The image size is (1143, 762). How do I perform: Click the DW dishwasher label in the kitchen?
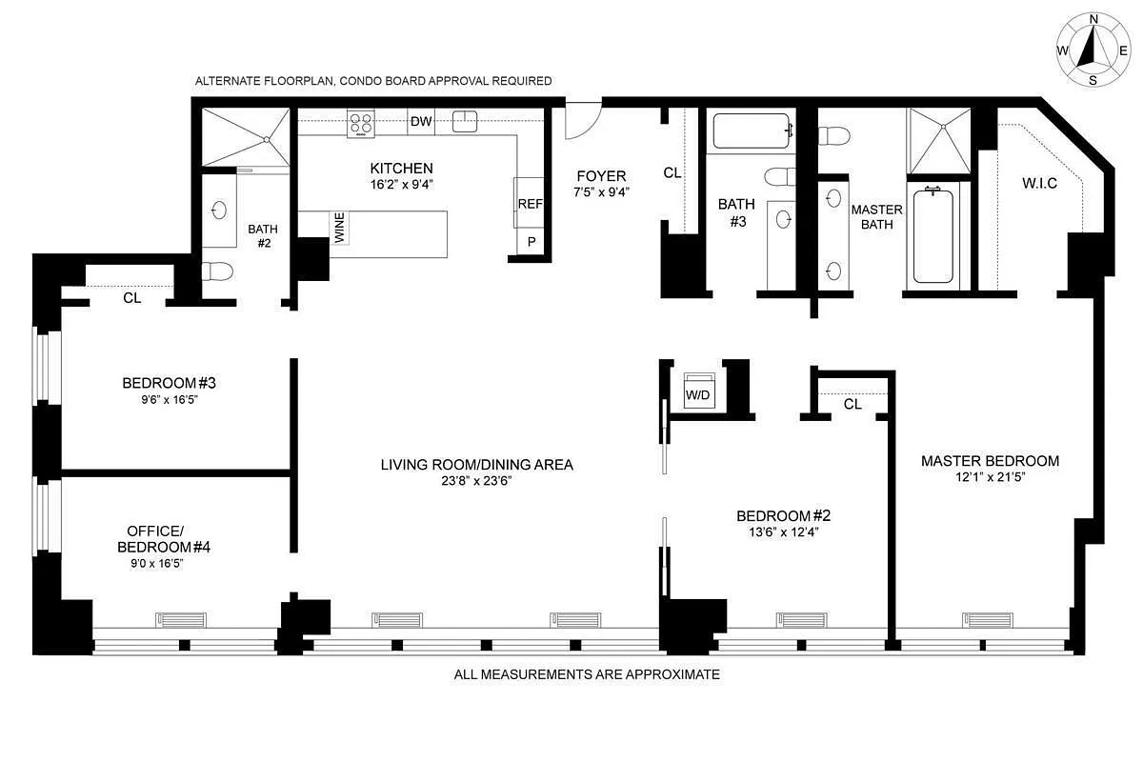pos(421,122)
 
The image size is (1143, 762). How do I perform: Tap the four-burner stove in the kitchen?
pos(361,124)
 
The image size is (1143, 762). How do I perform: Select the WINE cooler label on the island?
pos(340,228)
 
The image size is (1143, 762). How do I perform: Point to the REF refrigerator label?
pos(531,204)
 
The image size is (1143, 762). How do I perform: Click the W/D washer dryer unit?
pos(698,391)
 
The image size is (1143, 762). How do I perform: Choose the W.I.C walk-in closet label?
pos(1039,183)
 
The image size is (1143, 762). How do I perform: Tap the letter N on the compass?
pos(1093,19)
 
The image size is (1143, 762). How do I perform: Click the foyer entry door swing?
pos(583,120)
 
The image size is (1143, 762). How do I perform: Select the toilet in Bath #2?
pos(218,271)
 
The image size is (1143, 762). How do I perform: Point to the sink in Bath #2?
pos(219,211)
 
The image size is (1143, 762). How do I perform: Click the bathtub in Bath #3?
pos(752,130)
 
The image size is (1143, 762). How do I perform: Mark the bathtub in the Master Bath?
pos(933,235)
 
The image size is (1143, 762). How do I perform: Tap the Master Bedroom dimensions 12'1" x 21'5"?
pos(991,477)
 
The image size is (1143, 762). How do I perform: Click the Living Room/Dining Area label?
pos(476,465)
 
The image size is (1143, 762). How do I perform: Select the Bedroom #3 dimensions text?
pos(170,400)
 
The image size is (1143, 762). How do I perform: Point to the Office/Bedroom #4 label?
pos(163,539)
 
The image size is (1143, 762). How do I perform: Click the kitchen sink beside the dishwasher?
pos(465,122)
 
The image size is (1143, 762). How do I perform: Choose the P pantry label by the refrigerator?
pos(531,241)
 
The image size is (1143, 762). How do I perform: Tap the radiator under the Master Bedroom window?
pos(988,620)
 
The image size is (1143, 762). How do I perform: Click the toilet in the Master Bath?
pos(834,136)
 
